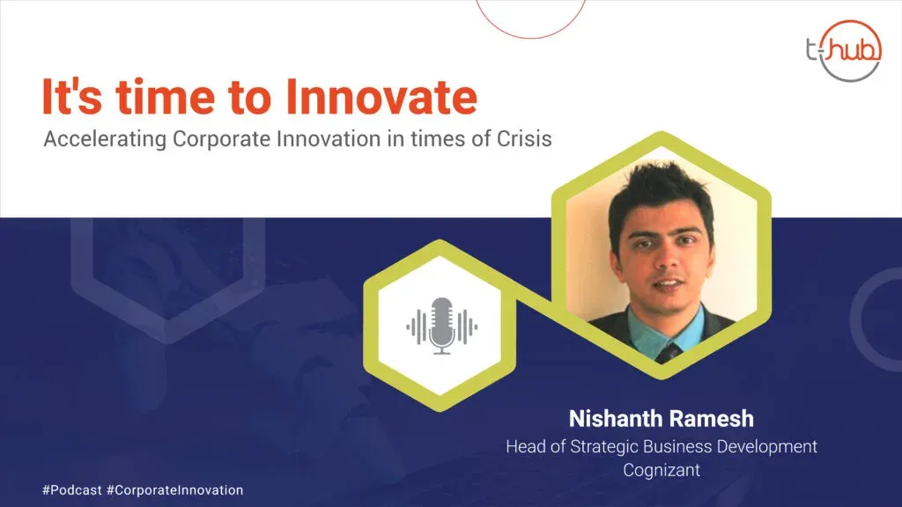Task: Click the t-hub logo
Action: [844, 50]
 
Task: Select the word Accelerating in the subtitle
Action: [106, 139]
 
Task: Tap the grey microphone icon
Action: [442, 326]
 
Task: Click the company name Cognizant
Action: [662, 470]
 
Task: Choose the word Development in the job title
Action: [767, 446]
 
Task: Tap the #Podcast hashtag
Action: [72, 490]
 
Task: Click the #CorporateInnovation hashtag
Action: [175, 490]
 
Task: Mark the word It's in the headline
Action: [72, 97]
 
